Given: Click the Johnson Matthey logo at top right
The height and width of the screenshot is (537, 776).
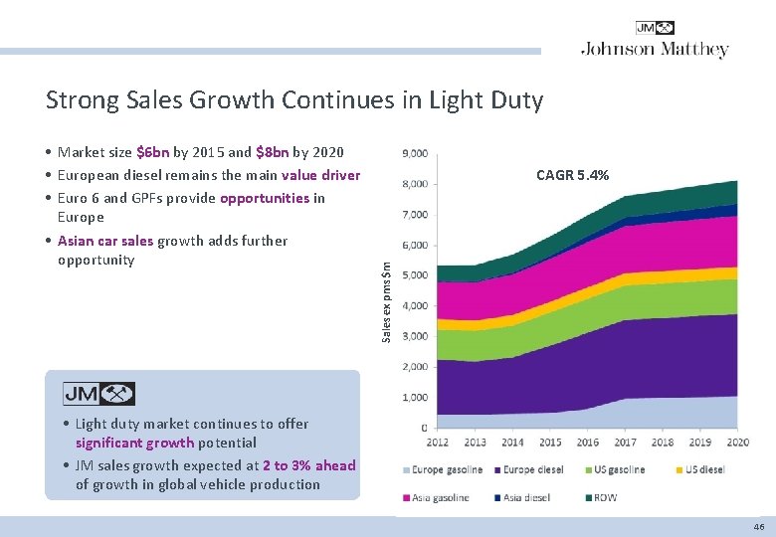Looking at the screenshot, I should pyautogui.click(x=655, y=41).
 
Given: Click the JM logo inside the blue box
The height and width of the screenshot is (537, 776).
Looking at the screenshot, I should pyautogui.click(x=98, y=394).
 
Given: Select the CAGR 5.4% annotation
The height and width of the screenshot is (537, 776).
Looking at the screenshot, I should pyautogui.click(x=572, y=175).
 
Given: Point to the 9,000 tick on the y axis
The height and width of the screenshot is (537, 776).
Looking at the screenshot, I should pyautogui.click(x=415, y=153).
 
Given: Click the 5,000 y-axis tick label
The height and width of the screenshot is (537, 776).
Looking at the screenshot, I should pyautogui.click(x=415, y=275).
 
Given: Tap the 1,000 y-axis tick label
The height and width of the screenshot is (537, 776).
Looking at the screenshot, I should pyautogui.click(x=415, y=398).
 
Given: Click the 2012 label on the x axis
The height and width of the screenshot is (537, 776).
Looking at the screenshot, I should pyautogui.click(x=437, y=443).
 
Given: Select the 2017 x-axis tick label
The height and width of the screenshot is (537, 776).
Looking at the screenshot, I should pyautogui.click(x=625, y=443).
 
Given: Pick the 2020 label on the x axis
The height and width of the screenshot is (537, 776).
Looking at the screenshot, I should pyautogui.click(x=737, y=443).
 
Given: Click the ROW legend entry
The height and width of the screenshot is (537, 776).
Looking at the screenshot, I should pyautogui.click(x=604, y=496).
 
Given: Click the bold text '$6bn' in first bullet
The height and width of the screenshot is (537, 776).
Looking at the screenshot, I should pyautogui.click(x=152, y=152).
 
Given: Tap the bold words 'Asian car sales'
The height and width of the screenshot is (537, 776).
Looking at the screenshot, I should pyautogui.click(x=105, y=241).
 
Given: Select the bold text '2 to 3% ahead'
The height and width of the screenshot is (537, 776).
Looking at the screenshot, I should pyautogui.click(x=308, y=464).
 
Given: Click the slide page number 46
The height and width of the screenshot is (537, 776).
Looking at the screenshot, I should pyautogui.click(x=759, y=527).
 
